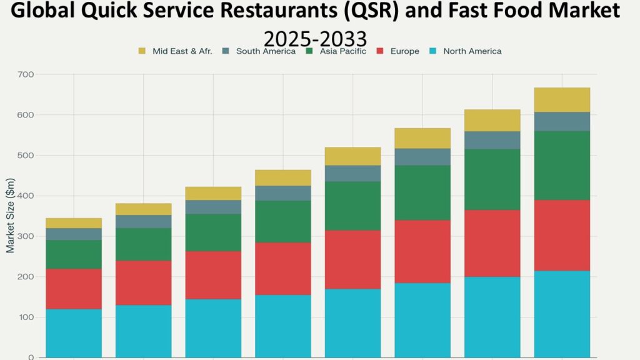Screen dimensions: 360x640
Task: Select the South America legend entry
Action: [266, 51]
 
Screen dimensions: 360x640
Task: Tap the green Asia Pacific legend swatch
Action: [309, 51]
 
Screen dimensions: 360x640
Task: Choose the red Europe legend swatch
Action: [380, 51]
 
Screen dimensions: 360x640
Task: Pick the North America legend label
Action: [472, 51]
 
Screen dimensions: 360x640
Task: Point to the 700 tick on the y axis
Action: [26, 74]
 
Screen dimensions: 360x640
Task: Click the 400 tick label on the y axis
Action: [26, 196]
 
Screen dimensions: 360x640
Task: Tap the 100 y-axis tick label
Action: [26, 317]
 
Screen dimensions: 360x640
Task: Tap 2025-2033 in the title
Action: [316, 39]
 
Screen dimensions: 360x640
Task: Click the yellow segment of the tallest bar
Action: [562, 100]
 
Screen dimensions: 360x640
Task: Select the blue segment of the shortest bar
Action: [74, 332]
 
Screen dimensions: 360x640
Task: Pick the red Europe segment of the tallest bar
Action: [562, 235]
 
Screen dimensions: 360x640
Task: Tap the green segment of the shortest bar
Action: [74, 254]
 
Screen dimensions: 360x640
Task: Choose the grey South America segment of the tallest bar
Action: [562, 121]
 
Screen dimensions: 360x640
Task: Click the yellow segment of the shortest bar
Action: [74, 223]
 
